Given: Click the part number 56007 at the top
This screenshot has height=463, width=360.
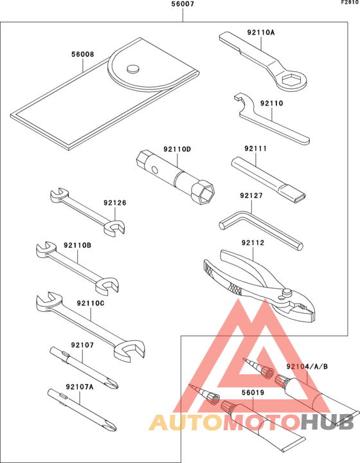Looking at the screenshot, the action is (x=183, y=5).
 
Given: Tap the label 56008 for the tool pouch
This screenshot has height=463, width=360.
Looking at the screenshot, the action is (x=83, y=54).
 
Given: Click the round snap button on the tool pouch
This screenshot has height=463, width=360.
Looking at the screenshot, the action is (x=133, y=69).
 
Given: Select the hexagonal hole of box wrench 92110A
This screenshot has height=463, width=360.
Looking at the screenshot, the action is (x=292, y=80).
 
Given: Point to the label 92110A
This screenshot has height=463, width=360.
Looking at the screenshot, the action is (x=261, y=32).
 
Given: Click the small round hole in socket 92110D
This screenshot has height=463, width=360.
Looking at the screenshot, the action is (x=154, y=170).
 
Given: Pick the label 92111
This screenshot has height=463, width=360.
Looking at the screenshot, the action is (x=256, y=149).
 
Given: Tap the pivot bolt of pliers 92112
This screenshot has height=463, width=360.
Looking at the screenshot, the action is (x=285, y=293).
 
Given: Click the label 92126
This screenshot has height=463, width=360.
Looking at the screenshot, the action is (x=115, y=203).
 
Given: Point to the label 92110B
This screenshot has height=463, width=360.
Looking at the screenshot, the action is (x=78, y=246).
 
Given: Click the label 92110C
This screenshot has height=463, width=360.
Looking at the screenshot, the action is (x=91, y=304).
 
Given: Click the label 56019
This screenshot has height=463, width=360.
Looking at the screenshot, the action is (x=253, y=393).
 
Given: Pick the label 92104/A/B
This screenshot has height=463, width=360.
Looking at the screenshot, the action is (x=307, y=367).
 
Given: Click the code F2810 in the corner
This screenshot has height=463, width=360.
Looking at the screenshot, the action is (x=350, y=3).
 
